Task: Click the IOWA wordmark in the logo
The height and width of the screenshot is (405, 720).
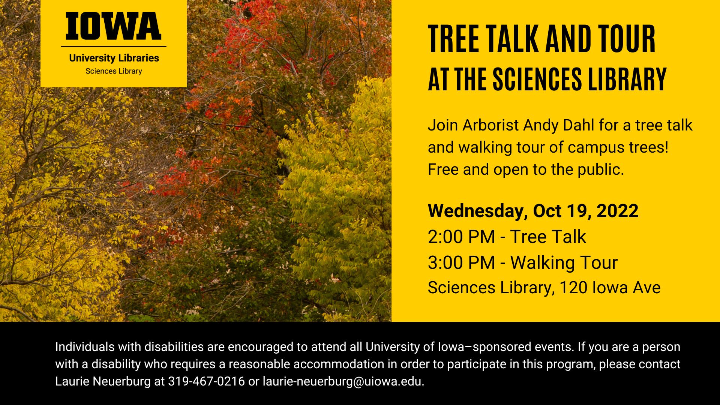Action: pos(113,26)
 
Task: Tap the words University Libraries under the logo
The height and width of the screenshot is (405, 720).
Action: pos(114,58)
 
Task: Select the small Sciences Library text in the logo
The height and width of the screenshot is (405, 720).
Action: pos(114,71)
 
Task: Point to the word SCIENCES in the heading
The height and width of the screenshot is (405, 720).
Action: pos(537,79)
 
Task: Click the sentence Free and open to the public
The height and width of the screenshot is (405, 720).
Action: pos(526,169)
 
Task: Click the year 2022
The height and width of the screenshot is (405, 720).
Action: pos(617,211)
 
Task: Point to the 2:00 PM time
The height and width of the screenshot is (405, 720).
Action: pos(461,237)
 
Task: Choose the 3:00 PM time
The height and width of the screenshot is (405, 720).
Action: pos(461,262)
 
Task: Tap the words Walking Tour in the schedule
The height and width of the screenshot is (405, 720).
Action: pos(564,262)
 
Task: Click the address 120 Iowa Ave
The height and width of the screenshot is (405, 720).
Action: pos(610,288)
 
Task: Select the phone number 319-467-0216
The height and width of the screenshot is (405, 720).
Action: pos(206,381)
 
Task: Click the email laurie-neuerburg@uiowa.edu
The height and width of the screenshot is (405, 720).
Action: pos(343,381)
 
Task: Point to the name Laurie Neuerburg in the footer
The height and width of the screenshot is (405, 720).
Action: pos(103,381)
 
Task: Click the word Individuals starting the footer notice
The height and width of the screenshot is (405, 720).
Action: pos(85,347)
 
